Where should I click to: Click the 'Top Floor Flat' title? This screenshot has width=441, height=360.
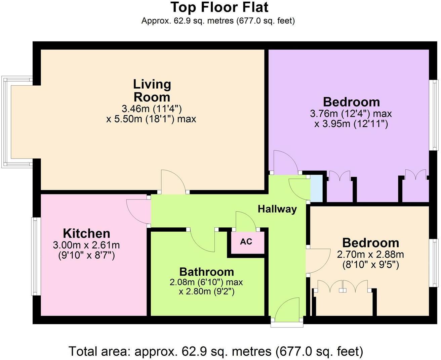pos(219,7)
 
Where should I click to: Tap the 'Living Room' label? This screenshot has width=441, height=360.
pos(152,90)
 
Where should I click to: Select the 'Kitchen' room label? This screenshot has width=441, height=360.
pos(86,233)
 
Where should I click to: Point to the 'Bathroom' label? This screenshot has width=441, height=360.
pos(206,271)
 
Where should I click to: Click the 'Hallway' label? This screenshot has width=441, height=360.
pos(277,209)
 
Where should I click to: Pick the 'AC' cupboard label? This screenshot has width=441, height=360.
pos(246,241)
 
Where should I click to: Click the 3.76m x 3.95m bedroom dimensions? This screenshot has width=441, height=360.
pos(351,119)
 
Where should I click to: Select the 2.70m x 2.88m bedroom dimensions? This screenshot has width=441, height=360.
pos(370,259)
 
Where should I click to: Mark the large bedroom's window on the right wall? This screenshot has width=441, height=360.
pos(435,115)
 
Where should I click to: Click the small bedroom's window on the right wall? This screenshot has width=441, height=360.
pos(435,263)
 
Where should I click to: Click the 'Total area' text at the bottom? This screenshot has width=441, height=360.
pos(216,351)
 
